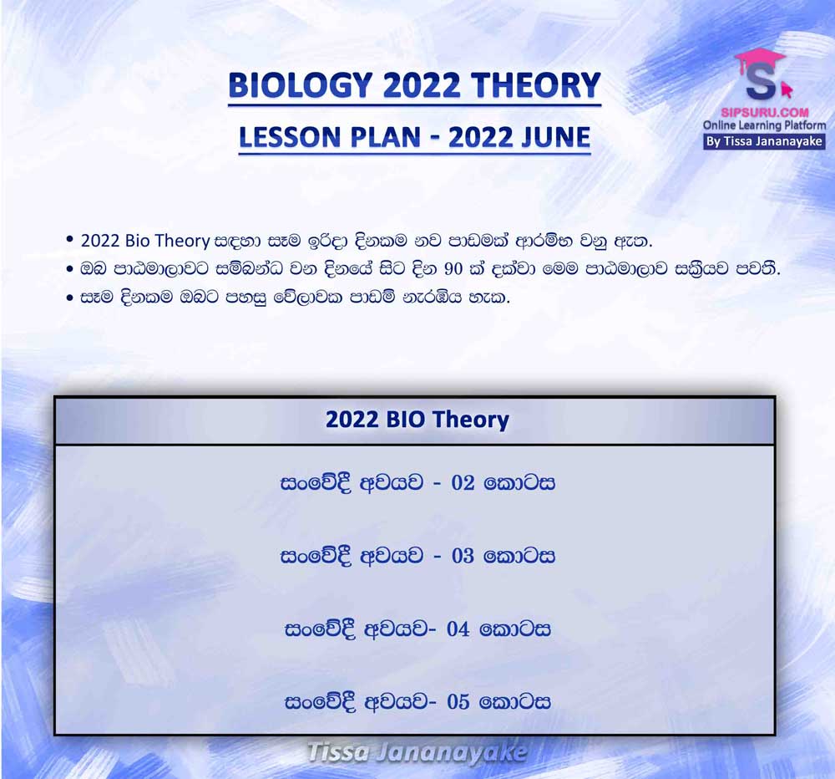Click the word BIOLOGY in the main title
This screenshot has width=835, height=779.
(x=300, y=85)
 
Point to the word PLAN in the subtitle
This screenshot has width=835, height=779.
(x=377, y=137)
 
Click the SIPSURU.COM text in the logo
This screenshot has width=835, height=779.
(x=765, y=113)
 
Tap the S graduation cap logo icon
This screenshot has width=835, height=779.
(x=762, y=74)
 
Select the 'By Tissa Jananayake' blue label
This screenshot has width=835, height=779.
(x=764, y=142)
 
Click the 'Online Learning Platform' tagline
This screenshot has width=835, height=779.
(x=764, y=126)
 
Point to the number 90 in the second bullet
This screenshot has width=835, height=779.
(x=453, y=269)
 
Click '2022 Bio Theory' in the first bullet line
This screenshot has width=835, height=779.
(x=144, y=241)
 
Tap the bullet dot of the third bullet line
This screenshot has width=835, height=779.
(x=70, y=298)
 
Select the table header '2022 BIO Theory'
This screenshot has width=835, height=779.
(x=417, y=420)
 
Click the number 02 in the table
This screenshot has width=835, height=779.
(x=463, y=483)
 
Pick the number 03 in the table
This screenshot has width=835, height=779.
(x=463, y=556)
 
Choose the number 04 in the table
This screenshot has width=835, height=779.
(x=458, y=629)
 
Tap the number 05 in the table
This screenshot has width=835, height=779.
(x=458, y=702)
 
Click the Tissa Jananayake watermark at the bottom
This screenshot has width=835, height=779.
(x=417, y=753)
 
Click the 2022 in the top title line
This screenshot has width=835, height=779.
(x=421, y=85)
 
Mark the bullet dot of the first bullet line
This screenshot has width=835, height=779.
(x=70, y=240)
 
